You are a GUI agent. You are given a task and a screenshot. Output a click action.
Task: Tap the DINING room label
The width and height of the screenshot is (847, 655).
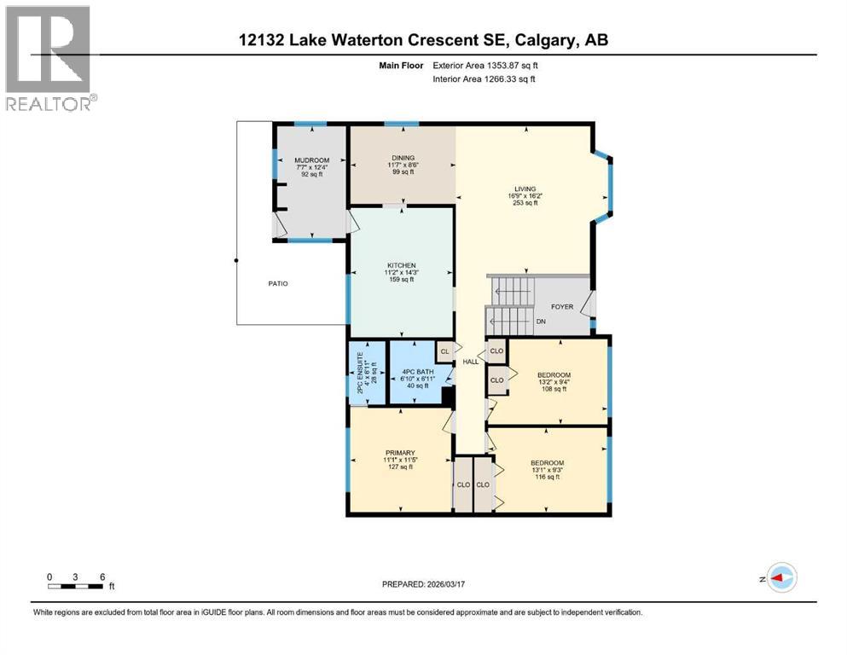click(x=403, y=158)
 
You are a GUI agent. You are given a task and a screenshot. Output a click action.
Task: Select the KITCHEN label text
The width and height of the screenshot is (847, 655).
click(x=400, y=265)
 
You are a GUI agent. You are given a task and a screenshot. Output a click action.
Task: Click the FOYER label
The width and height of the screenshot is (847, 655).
click(x=561, y=306)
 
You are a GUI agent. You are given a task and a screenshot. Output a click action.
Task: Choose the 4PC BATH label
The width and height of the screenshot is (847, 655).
click(x=418, y=372)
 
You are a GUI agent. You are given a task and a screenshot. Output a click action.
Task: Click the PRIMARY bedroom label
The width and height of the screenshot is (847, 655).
click(x=399, y=452)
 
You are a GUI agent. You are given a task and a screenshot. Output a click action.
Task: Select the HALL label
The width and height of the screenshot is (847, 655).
click(x=470, y=362)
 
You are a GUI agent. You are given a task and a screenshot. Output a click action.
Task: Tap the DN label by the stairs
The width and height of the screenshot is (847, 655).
click(x=540, y=322)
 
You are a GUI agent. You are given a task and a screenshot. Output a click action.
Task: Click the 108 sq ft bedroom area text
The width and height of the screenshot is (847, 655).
click(x=554, y=389)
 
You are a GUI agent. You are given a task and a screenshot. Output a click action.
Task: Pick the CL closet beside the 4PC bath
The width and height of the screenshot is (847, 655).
click(x=444, y=350)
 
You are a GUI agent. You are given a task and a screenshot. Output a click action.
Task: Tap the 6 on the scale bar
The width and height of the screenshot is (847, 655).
click(x=102, y=577)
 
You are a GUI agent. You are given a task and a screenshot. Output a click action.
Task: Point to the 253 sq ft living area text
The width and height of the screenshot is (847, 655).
click(x=525, y=203)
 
